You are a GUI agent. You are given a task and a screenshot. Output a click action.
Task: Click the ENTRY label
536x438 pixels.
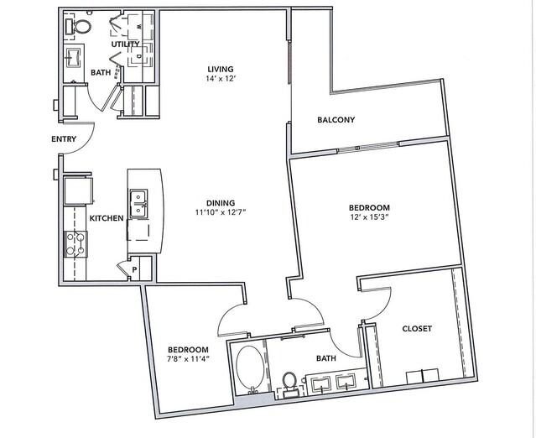click(64, 139)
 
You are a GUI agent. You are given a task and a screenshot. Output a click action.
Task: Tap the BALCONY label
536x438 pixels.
click(336, 120)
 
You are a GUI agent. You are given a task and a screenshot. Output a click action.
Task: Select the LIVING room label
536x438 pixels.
click(221, 69)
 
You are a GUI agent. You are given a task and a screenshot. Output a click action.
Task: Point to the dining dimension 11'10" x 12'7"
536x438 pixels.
click(221, 212)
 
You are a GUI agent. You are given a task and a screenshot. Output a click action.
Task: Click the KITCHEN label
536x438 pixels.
click(107, 218)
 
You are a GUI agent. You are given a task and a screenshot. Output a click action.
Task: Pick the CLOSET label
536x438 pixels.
click(417, 329)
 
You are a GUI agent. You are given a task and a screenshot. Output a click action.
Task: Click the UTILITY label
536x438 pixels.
click(126, 44)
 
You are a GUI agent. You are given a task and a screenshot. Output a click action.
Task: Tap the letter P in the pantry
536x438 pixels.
click(135, 270)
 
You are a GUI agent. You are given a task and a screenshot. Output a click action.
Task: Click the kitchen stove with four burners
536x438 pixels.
click(75, 244)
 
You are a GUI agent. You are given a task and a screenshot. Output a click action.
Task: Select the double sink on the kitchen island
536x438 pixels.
click(138, 203)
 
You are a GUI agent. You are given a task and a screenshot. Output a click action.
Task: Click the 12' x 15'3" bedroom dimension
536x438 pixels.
click(369, 216)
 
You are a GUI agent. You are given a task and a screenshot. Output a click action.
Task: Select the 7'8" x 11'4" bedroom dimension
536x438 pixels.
click(188, 359)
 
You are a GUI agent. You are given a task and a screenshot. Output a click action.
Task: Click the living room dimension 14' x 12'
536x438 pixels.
click(221, 78)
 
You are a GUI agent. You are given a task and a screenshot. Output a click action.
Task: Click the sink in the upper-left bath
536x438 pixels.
click(74, 56)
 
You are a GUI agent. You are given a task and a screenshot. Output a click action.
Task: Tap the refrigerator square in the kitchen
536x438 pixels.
click(78, 190)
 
